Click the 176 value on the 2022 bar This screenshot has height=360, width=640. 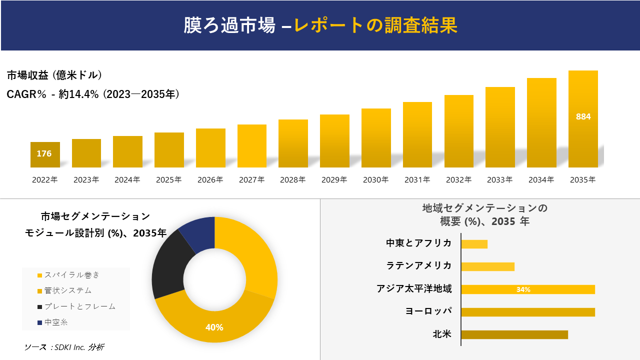[44, 154]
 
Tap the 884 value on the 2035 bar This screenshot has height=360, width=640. [583, 116]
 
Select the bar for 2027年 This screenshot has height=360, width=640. [252, 146]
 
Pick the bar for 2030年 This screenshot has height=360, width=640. [376, 138]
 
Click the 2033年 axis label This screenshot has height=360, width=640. [500, 180]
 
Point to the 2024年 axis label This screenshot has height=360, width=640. [127, 180]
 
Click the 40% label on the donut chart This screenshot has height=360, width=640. [214, 327]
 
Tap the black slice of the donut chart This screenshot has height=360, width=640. [170, 265]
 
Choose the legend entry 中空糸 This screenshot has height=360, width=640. [55, 322]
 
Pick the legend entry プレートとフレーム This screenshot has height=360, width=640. [79, 306]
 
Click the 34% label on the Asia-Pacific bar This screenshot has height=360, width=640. [523, 289]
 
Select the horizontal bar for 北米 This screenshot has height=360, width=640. [514, 334]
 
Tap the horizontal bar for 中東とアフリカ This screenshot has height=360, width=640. [474, 244]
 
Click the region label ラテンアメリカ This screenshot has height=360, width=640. [418, 265]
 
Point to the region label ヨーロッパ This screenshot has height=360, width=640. [428, 311]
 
